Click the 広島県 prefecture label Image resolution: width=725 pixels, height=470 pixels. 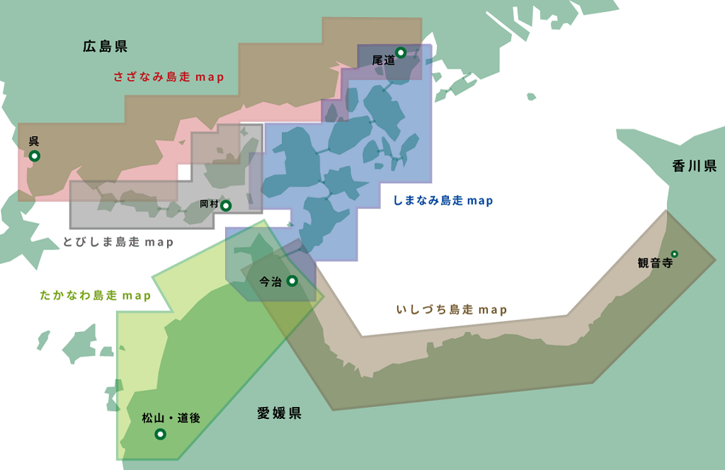[x=105, y=47]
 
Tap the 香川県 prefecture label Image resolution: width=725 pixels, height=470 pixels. [x=695, y=166]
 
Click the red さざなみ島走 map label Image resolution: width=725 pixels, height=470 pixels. [x=169, y=77]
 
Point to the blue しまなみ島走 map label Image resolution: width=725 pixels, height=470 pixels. [x=443, y=201]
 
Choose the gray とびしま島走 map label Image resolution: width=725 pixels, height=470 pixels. [x=118, y=242]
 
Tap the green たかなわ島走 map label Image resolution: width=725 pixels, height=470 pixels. [x=96, y=296]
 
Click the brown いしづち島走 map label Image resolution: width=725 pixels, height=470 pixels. [x=452, y=310]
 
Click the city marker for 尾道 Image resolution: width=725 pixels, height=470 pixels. [x=401, y=52]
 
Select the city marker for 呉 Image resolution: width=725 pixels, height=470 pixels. [x=34, y=156]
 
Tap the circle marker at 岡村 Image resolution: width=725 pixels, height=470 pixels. [x=226, y=206]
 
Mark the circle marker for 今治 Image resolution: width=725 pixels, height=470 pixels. [x=292, y=281]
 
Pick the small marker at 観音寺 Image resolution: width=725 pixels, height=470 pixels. [x=675, y=254]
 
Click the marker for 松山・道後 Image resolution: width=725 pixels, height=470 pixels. [x=160, y=434]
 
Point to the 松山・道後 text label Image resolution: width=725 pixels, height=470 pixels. [x=171, y=418]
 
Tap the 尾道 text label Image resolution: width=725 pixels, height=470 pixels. [x=383, y=61]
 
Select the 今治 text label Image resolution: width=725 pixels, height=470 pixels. [x=270, y=282]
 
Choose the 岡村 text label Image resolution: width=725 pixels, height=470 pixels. [x=209, y=204]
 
